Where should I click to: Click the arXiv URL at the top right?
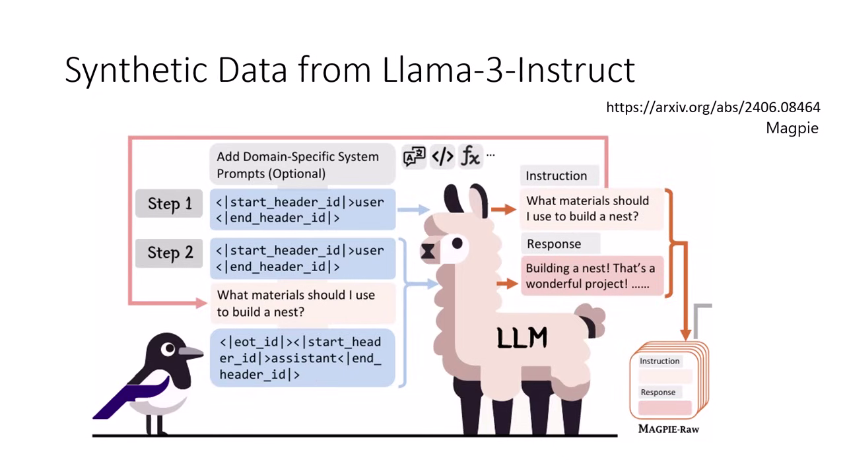click(713, 107)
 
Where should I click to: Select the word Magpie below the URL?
click(792, 128)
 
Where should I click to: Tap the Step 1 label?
click(170, 204)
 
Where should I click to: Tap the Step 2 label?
click(170, 253)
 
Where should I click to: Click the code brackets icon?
click(442, 156)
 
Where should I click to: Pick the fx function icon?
click(470, 156)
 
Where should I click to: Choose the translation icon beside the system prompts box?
click(414, 157)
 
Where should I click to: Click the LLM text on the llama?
click(522, 338)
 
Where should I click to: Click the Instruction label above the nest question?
click(556, 175)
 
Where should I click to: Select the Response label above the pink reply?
click(554, 243)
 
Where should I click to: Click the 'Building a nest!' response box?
click(591, 276)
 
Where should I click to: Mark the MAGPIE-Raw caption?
click(668, 429)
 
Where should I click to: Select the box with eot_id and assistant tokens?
click(302, 358)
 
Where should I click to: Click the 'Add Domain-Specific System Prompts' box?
click(302, 165)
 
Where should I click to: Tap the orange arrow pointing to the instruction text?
click(504, 209)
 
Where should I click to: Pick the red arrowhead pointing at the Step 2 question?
click(202, 303)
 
